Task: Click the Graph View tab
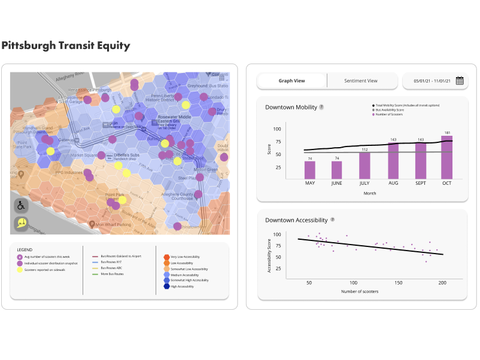coord(291,81)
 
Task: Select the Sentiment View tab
coord(360,81)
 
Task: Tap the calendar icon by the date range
coord(459,81)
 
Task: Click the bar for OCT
coord(446,157)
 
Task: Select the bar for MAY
coord(309,170)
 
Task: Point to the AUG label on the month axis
coord(393,183)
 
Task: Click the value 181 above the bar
coord(446,133)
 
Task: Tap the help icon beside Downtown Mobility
coord(321,107)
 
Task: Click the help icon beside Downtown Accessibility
coord(332,220)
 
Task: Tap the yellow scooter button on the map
coord(22,224)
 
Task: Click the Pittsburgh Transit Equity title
coord(65,45)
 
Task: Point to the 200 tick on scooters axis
coord(442,282)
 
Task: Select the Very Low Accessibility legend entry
coord(186,256)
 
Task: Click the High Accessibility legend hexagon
coord(166,286)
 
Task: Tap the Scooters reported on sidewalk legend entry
coord(44,270)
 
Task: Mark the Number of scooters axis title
coord(360,291)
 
